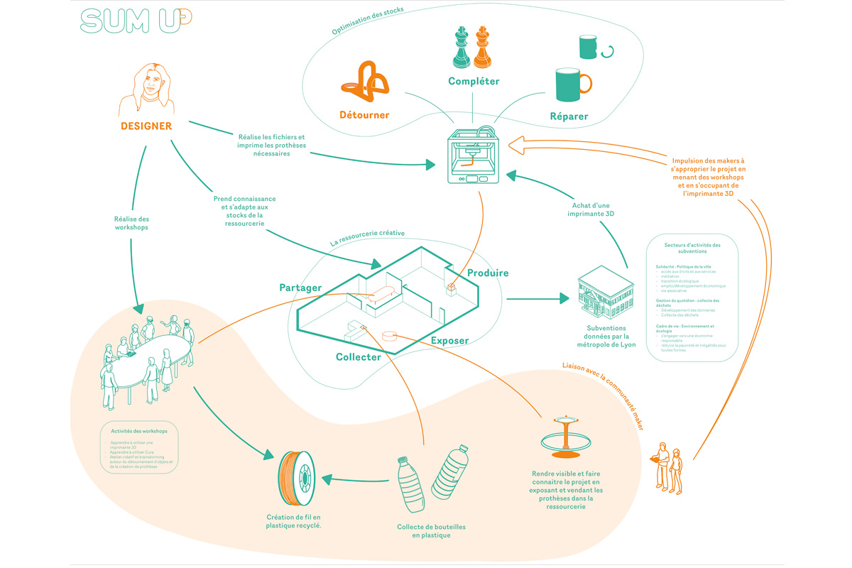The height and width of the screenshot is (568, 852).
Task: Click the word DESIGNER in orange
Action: click(x=146, y=126)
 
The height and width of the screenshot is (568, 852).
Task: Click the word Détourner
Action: click(x=364, y=115)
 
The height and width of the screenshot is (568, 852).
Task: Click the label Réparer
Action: click(x=569, y=116)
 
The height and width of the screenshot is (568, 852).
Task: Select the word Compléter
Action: click(x=474, y=81)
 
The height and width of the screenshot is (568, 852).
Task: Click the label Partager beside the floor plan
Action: click(x=300, y=288)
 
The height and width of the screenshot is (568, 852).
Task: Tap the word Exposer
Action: click(x=449, y=341)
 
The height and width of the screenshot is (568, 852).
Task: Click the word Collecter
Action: click(x=359, y=357)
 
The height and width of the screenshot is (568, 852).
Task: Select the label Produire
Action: click(x=488, y=273)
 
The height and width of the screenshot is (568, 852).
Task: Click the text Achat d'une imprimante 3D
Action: click(x=591, y=209)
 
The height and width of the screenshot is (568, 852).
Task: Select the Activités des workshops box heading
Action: click(x=139, y=431)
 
